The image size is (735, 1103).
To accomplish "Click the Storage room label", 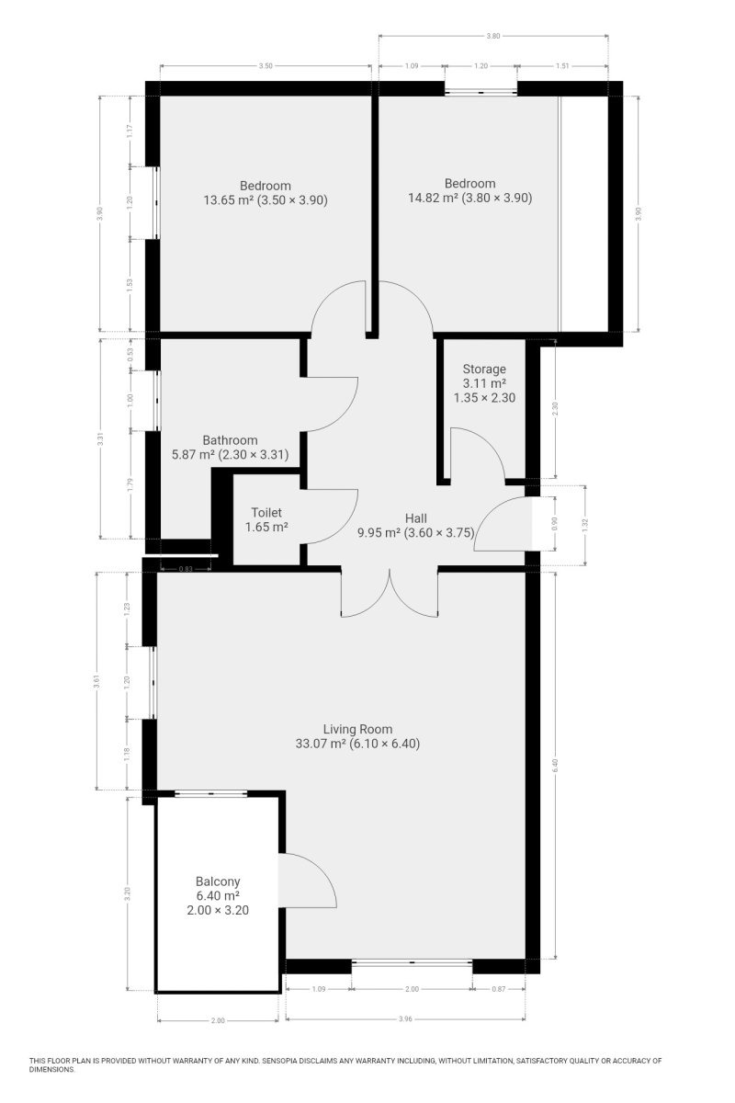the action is point(484,369).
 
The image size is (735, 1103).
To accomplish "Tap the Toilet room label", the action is point(266,513).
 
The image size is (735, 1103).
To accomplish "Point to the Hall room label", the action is point(415,518).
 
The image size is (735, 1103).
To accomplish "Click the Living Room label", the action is point(357,729).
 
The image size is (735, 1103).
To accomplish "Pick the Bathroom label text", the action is point(230,439).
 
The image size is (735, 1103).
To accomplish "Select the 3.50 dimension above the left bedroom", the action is point(266,66).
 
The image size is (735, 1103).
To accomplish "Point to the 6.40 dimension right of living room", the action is point(555,765).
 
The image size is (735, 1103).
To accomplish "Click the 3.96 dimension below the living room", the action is point(404,1018).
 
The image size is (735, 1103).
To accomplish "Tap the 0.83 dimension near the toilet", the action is point(186,569).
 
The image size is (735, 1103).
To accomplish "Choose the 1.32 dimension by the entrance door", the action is point(585,525).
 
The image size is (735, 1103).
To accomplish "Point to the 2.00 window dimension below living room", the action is point(412,989).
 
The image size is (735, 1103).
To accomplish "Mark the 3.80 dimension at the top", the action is point(492,36).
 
